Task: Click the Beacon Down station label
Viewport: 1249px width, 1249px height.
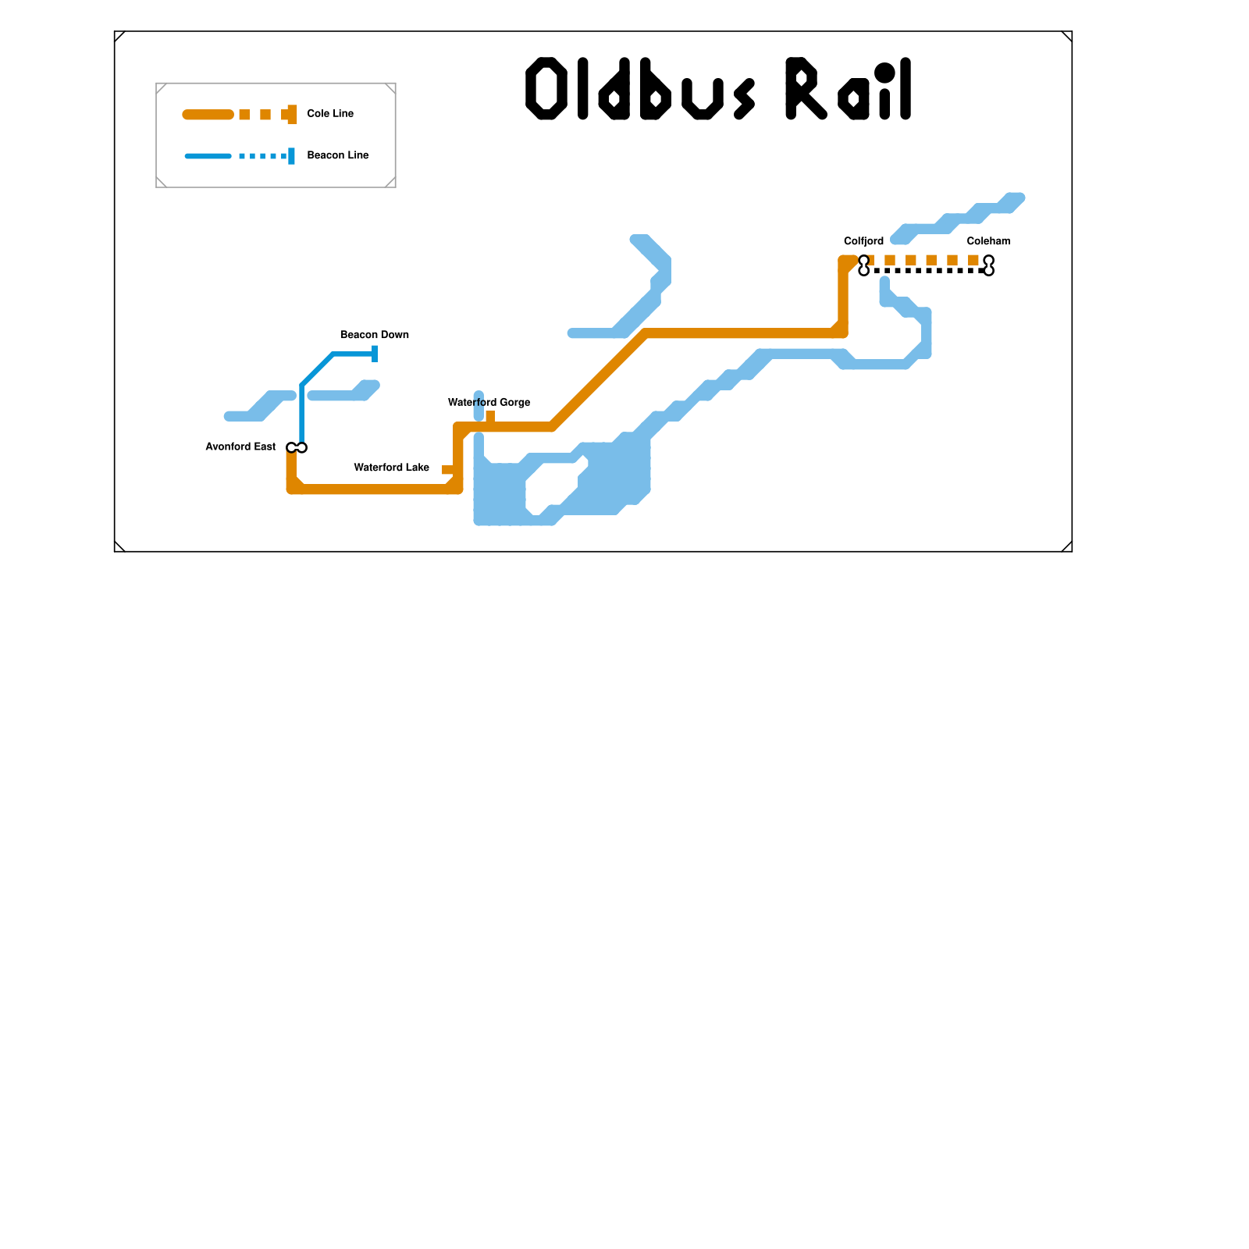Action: coord(375,335)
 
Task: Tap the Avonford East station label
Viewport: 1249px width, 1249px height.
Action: coord(240,447)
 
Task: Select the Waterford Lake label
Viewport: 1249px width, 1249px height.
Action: coord(391,468)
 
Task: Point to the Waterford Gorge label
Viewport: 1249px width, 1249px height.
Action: coord(489,403)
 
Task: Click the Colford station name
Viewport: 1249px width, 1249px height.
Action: coord(863,241)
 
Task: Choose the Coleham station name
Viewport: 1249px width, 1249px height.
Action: coord(988,241)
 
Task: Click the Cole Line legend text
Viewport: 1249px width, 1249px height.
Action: coord(330,114)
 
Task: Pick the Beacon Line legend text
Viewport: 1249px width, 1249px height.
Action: coord(338,155)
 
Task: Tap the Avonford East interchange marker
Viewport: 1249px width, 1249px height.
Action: coord(297,447)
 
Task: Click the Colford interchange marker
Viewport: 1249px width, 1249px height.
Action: coord(863,265)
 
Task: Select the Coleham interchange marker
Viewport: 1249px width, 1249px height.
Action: coord(988,265)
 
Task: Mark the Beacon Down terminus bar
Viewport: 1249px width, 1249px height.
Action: coord(375,354)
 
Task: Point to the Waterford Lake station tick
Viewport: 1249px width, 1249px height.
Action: coord(447,470)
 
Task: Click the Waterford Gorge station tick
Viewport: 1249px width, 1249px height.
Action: coord(490,416)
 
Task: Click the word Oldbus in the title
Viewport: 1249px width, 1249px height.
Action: coord(640,89)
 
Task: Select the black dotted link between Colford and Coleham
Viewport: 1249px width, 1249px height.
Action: coord(926,271)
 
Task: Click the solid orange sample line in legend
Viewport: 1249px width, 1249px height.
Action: coord(208,115)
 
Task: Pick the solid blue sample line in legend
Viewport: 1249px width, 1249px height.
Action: coord(208,156)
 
